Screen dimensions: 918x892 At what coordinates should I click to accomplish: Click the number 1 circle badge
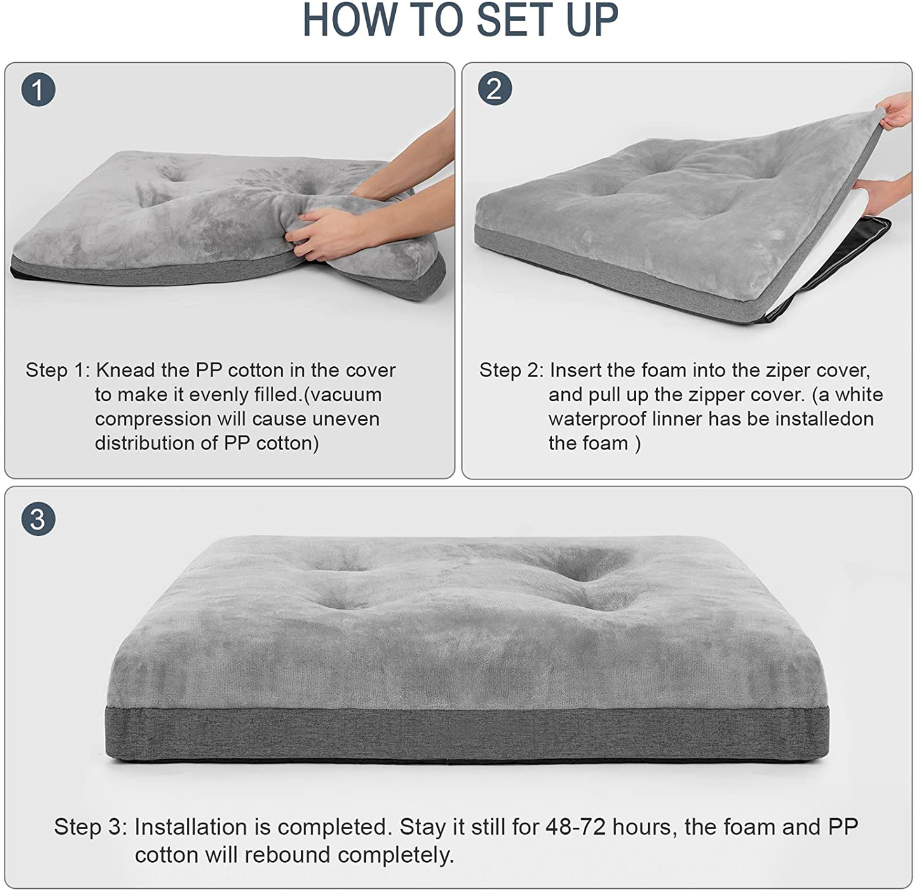pyautogui.click(x=38, y=89)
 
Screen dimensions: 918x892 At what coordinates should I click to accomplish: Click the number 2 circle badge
pyautogui.click(x=495, y=88)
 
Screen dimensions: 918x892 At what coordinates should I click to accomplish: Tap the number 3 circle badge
pyautogui.click(x=38, y=519)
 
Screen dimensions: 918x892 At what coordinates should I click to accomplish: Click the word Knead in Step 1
pyautogui.click(x=126, y=370)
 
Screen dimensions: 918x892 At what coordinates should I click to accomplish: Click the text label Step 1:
pyautogui.click(x=58, y=371)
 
